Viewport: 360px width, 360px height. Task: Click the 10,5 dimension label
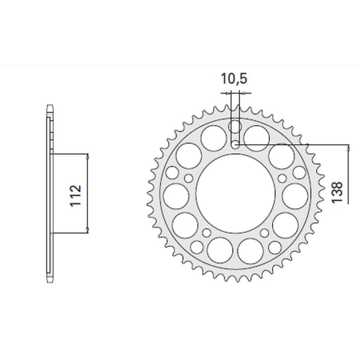[234, 79]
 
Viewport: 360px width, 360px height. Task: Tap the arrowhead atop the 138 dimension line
[349, 147]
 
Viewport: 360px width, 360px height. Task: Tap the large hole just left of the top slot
[213, 137]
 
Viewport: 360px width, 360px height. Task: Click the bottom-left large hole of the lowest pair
[219, 250]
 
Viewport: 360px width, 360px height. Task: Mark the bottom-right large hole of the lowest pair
[251, 250]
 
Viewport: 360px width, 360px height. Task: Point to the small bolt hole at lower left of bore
[207, 233]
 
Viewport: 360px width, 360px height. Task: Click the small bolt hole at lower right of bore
[264, 233]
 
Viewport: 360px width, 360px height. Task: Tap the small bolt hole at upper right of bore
[282, 179]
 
